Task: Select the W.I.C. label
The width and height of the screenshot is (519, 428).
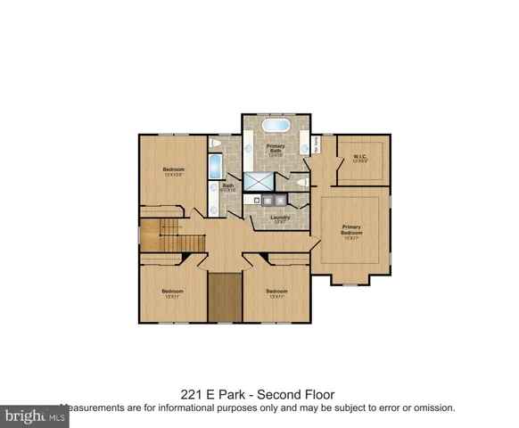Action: [360, 157]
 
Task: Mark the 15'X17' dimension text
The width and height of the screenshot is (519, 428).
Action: [354, 237]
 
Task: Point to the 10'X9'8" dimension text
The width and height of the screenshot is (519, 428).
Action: [360, 162]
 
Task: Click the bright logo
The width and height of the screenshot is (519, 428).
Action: [27, 415]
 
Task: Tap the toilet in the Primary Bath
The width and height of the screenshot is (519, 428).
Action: [303, 182]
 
